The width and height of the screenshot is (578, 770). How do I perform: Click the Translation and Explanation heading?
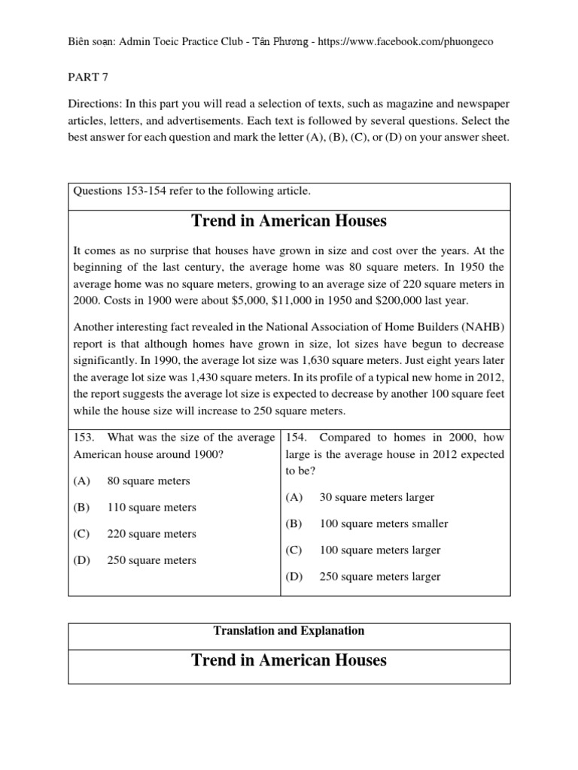(289, 631)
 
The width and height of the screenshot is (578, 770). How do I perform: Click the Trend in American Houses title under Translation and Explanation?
(289, 660)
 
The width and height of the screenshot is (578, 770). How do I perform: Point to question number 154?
(296, 437)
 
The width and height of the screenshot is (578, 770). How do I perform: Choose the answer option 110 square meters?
(152, 508)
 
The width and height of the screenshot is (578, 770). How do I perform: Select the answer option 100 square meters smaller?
(384, 523)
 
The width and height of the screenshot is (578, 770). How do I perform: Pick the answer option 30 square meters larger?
(377, 497)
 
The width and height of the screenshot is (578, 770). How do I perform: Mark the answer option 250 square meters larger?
(380, 577)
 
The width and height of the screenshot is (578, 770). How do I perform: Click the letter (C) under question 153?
(82, 534)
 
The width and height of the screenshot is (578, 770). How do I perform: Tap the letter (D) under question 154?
(294, 577)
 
